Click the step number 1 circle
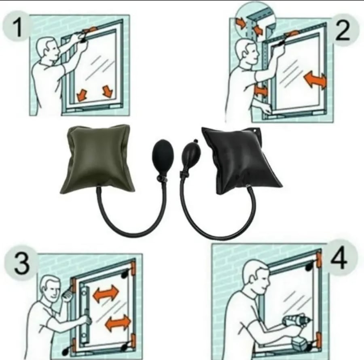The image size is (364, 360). tap(16, 27)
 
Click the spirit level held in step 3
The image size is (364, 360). tap(85, 315)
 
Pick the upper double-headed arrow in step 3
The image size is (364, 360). tap(106, 294)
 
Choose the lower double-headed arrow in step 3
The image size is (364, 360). tap(118, 323)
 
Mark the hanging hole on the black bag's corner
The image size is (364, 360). tap(256, 131)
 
